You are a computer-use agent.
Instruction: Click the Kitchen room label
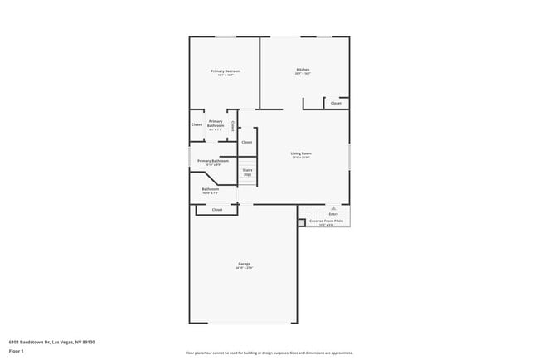click(x=303, y=69)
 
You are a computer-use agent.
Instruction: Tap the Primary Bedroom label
click(x=226, y=71)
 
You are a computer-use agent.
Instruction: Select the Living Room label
click(x=300, y=153)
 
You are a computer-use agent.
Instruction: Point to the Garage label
click(x=244, y=264)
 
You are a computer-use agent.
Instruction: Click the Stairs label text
click(x=247, y=169)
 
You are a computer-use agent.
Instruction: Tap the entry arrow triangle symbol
click(x=333, y=207)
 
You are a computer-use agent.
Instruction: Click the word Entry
click(x=333, y=214)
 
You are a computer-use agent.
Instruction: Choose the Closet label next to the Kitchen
click(x=336, y=104)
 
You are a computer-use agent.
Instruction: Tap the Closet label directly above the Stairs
click(x=246, y=143)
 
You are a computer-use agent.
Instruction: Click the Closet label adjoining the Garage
click(x=217, y=210)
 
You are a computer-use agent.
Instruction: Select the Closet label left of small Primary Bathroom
click(x=197, y=124)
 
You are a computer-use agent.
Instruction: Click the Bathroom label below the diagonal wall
click(x=211, y=189)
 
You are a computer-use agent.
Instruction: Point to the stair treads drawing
click(x=247, y=178)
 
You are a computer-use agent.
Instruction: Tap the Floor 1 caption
click(x=17, y=351)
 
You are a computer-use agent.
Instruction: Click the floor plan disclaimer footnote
click(x=269, y=352)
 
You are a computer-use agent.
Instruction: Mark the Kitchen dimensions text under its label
click(x=303, y=74)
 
